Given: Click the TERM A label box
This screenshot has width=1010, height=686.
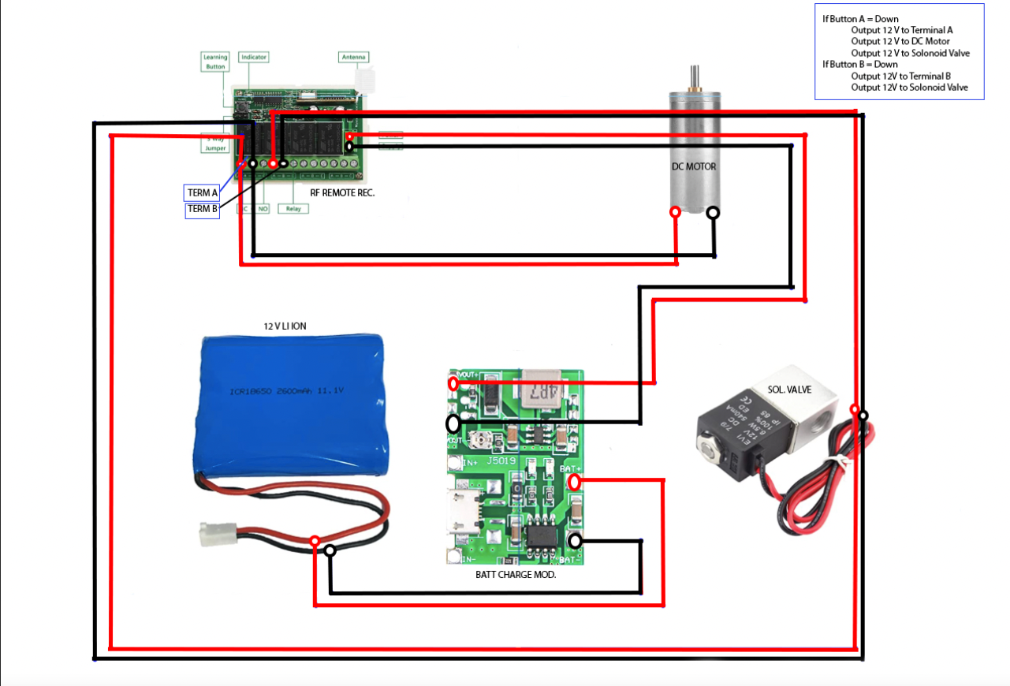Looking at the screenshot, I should (x=202, y=192).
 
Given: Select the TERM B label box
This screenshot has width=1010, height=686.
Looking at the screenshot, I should (x=202, y=210).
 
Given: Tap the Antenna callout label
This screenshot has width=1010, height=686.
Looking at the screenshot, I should (x=353, y=58).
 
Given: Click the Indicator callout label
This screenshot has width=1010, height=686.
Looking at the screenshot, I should (x=253, y=58).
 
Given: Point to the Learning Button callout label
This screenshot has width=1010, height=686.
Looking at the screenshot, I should (x=215, y=62).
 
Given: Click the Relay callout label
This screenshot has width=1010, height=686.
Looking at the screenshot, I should (x=293, y=209).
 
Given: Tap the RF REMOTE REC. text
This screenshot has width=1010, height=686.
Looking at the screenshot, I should (x=343, y=192).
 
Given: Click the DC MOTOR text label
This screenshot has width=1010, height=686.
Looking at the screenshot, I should (x=694, y=166).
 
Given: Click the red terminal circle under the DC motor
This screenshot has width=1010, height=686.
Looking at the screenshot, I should (x=675, y=212).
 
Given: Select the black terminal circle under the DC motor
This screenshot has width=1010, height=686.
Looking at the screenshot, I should (x=713, y=212).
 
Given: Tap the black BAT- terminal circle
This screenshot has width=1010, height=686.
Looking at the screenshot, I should (x=576, y=541).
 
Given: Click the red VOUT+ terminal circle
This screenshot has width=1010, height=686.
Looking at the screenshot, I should (x=453, y=384).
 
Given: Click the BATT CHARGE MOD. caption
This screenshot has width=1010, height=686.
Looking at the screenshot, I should (x=516, y=575).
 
